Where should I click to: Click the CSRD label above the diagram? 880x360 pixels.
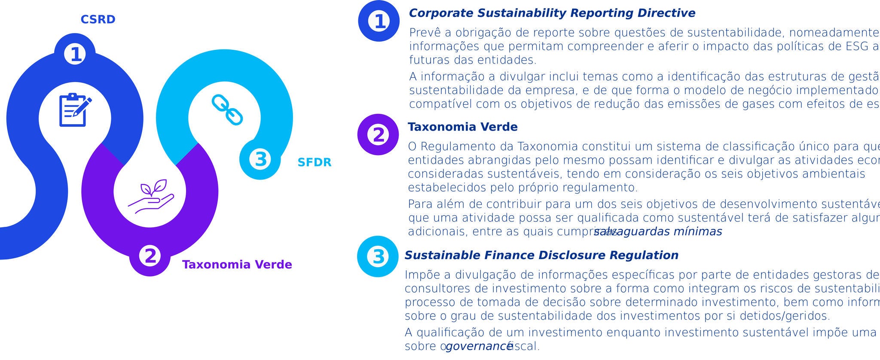coord(98,20)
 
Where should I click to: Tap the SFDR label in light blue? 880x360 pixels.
coord(315,162)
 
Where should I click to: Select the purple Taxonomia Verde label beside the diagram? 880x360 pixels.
coord(237,265)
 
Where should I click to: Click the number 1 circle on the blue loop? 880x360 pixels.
coord(75,54)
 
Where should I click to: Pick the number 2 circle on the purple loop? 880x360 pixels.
coord(150,256)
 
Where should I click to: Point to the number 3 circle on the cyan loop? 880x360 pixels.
coord(260,159)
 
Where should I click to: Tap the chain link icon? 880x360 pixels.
coord(227,110)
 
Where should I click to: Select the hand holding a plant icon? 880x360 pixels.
coord(151,196)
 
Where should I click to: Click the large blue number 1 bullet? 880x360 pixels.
coord(379,21)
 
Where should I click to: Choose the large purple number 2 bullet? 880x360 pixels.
coord(378,134)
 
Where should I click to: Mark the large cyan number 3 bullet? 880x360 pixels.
coord(378,256)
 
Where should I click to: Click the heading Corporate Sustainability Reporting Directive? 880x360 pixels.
coord(552,13)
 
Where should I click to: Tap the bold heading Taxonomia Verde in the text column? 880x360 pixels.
coord(462,127)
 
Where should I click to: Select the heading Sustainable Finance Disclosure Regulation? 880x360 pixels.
coord(541,255)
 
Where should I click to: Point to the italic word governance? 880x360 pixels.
coord(479,346)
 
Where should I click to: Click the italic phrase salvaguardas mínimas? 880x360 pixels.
coord(658,232)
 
